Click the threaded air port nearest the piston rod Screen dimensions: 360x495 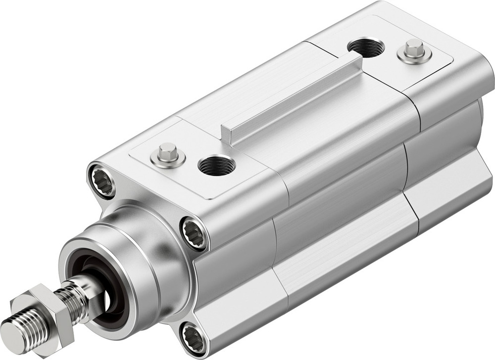click(x=216, y=165)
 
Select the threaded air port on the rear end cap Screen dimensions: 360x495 click(x=366, y=47)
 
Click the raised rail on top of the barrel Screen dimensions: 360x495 click(x=292, y=99)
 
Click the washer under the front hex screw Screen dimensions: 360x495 click(x=168, y=160)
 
